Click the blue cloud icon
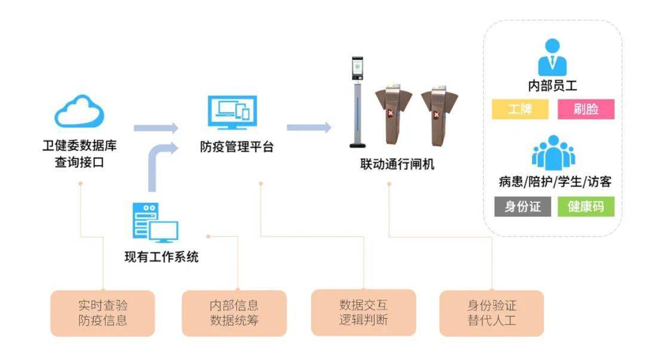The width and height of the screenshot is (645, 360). click(x=79, y=112)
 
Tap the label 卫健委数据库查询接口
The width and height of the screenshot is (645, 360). click(x=79, y=153)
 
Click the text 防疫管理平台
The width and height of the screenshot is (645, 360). click(x=236, y=147)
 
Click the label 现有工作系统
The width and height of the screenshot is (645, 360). click(x=161, y=257)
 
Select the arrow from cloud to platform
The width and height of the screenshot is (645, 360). click(x=156, y=128)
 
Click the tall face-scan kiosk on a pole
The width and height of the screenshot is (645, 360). click(x=358, y=101)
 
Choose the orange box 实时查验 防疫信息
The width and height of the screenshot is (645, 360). click(x=103, y=313)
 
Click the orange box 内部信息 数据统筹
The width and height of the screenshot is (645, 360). click(x=234, y=313)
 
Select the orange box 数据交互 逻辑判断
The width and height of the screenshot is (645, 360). click(x=363, y=312)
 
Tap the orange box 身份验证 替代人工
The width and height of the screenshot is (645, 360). click(x=492, y=313)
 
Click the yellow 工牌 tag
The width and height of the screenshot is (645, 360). click(x=520, y=109)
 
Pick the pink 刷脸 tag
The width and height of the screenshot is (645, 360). click(x=586, y=109)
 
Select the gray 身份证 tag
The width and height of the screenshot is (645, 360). click(x=523, y=207)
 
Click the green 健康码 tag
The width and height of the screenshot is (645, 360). click(x=586, y=207)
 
